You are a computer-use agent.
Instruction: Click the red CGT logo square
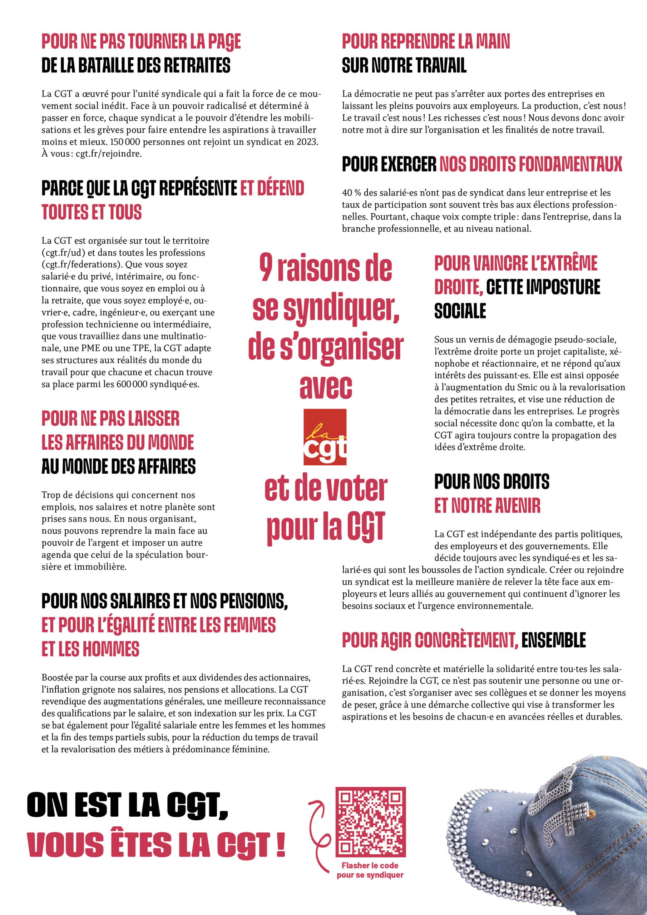(x=325, y=437)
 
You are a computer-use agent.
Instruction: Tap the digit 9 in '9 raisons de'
(x=266, y=268)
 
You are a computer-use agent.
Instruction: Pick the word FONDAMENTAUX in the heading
(x=530, y=164)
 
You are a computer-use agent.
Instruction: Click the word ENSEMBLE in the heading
(x=553, y=640)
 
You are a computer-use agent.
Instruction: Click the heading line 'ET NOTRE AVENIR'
(x=487, y=506)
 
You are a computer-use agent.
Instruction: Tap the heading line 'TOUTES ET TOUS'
(x=92, y=212)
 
